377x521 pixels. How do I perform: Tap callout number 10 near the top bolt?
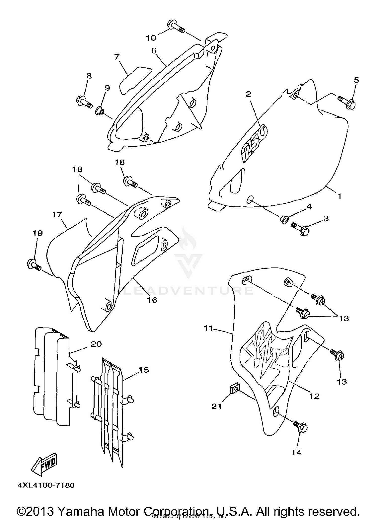(151, 38)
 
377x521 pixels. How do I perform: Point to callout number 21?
(216, 406)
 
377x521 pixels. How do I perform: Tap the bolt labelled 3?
(300, 228)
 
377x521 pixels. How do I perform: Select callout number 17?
(57, 215)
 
